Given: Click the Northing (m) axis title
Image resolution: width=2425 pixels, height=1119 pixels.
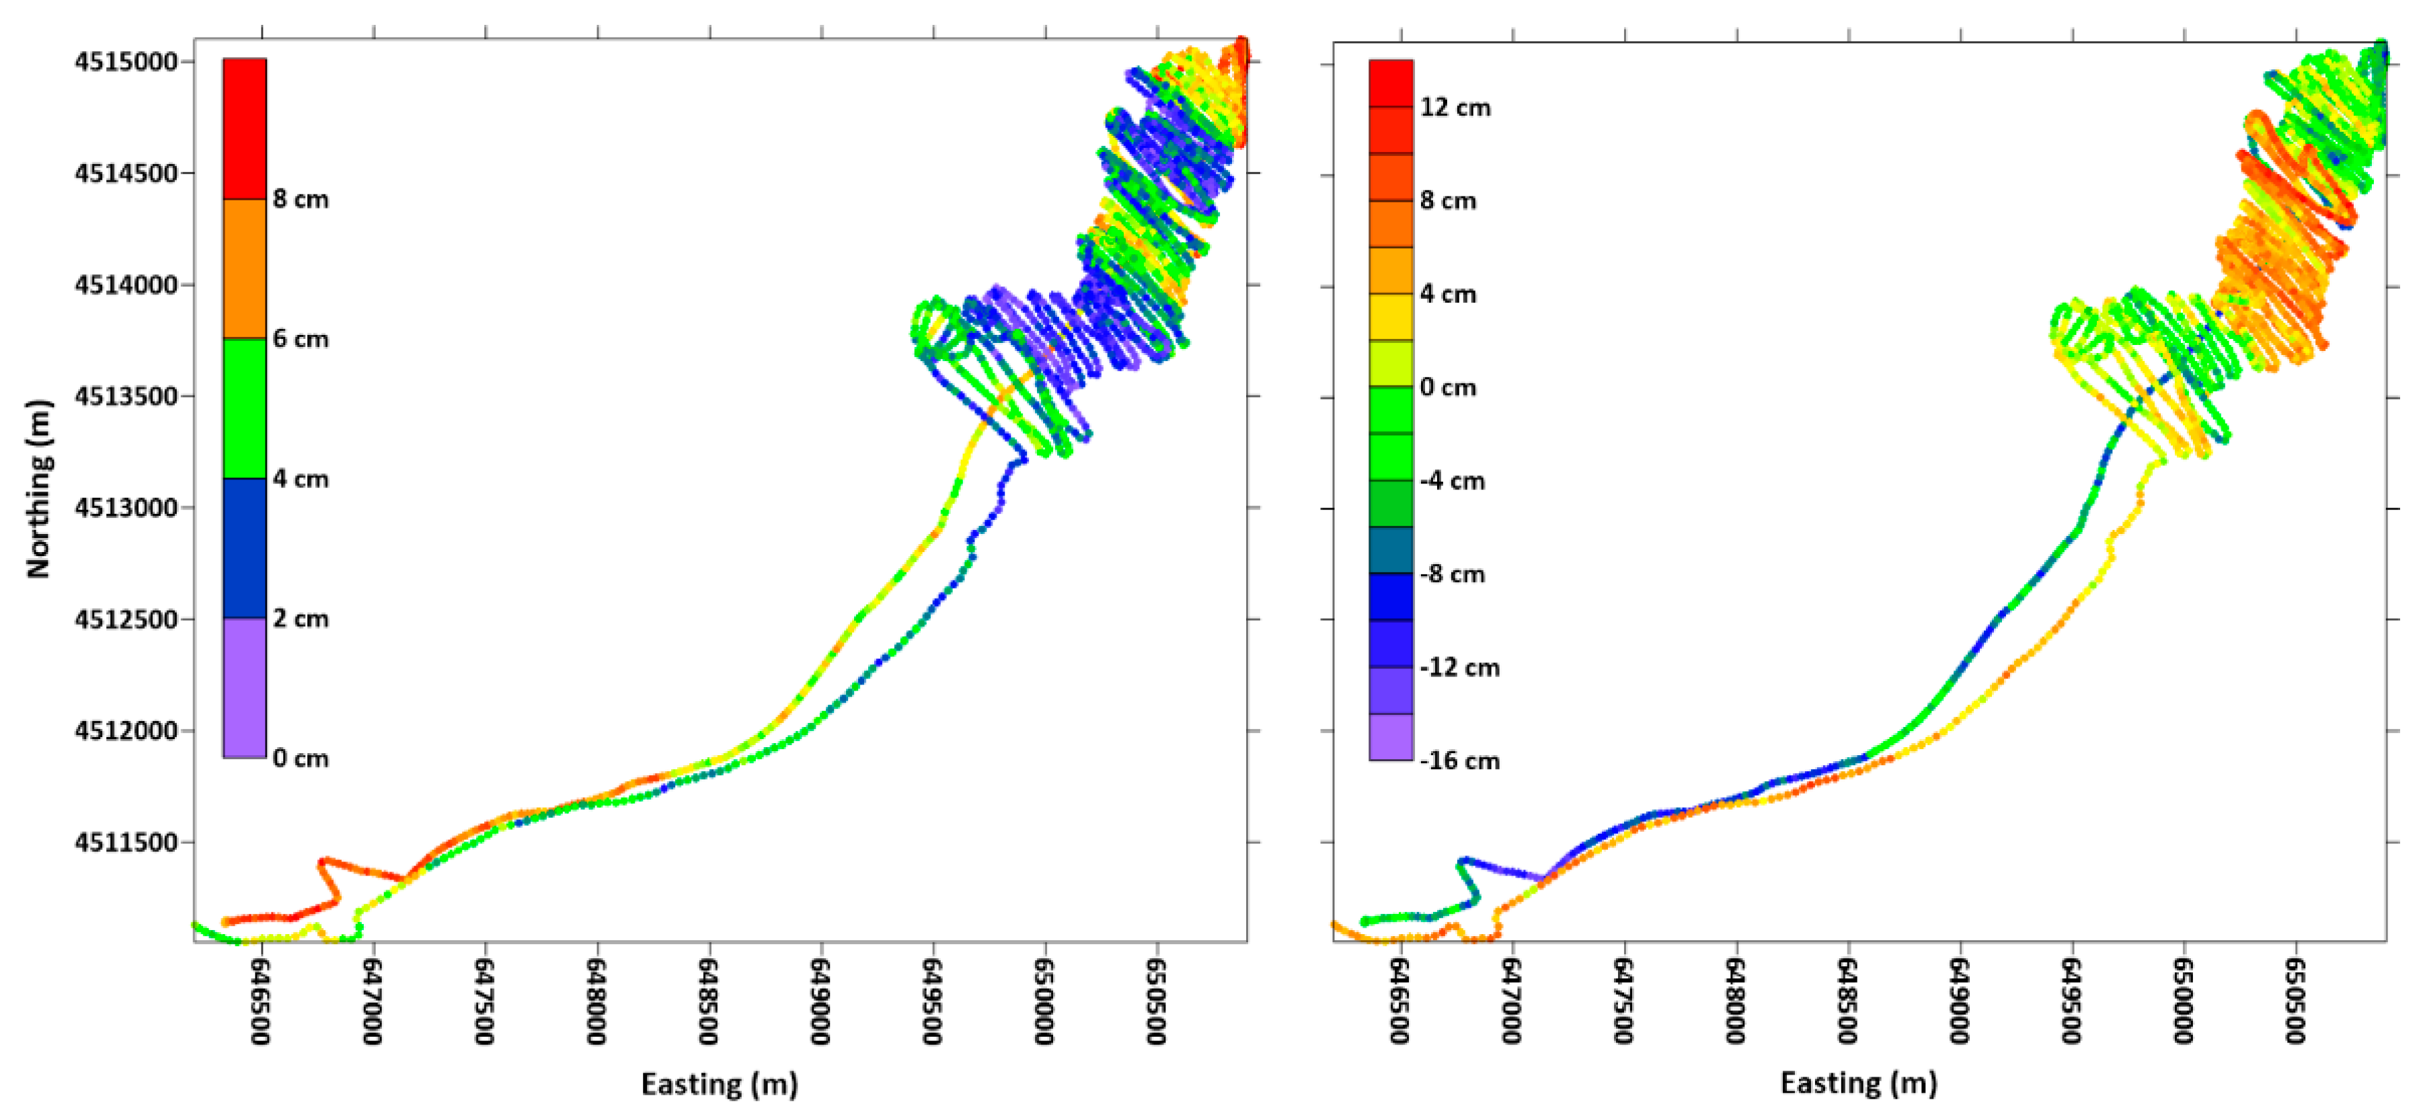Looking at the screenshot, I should pyautogui.click(x=38, y=490).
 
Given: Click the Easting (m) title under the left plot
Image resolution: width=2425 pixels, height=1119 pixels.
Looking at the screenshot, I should pyautogui.click(x=719, y=1084).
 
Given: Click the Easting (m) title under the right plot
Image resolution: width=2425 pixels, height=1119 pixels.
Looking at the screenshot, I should pyautogui.click(x=1858, y=1083).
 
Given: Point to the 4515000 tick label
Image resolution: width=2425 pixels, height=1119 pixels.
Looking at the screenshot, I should pyautogui.click(x=126, y=62).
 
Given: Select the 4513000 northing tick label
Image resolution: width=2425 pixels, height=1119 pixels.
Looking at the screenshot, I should pyautogui.click(x=126, y=508).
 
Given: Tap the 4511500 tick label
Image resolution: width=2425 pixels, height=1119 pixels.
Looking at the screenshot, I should pyautogui.click(x=126, y=843).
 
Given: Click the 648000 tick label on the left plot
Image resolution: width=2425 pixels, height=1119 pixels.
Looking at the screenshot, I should pyautogui.click(x=596, y=1001).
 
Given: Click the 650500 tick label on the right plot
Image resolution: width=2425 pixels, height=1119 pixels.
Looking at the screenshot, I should pyautogui.click(x=2295, y=1001).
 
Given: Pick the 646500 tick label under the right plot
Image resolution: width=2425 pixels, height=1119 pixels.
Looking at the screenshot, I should pyautogui.click(x=1400, y=1001).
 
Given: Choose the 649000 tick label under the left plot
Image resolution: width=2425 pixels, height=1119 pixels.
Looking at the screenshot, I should pyautogui.click(x=820, y=1001).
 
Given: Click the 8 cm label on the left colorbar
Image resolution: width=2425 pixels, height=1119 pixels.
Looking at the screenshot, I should pyautogui.click(x=301, y=200).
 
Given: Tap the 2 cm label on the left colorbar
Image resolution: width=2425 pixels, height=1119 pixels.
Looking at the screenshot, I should pyautogui.click(x=301, y=619).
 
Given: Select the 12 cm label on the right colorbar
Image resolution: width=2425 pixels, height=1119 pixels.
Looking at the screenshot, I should pyautogui.click(x=1455, y=108).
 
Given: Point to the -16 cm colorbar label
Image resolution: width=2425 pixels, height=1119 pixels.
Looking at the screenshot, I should pyautogui.click(x=1459, y=761).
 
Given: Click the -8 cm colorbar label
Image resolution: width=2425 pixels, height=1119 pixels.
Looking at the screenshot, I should pyautogui.click(x=1453, y=574).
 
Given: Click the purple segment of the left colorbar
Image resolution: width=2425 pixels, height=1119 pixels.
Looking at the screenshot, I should pyautogui.click(x=245, y=687).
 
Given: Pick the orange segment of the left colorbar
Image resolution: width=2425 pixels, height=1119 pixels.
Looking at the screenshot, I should pyautogui.click(x=245, y=268).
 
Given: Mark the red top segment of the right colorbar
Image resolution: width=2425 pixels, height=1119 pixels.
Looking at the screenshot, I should pyautogui.click(x=1391, y=83).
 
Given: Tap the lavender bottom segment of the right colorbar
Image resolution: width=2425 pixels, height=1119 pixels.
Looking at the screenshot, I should pyautogui.click(x=1391, y=737).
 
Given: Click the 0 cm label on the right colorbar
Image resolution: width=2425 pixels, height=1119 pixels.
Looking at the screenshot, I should pyautogui.click(x=1448, y=388).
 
